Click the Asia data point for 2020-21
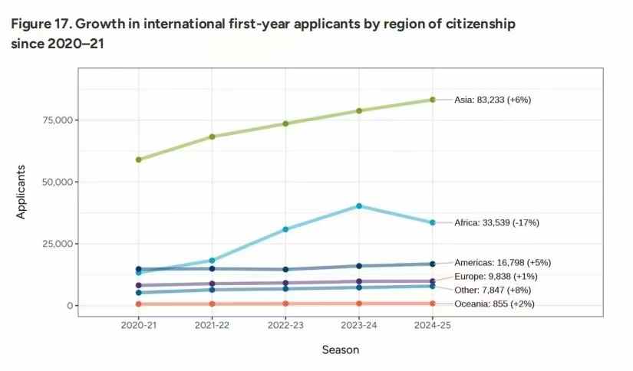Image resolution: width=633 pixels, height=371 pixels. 138,159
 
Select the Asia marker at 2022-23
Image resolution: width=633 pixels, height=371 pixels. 285,123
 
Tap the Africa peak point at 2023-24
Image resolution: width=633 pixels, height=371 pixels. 359,205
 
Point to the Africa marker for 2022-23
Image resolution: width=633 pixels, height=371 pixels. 285,229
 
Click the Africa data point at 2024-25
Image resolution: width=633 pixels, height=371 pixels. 433,222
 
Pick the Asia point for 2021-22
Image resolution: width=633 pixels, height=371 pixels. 212,136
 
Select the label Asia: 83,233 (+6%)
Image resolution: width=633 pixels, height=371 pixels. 493,100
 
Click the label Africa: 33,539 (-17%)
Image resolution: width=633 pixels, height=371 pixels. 496,223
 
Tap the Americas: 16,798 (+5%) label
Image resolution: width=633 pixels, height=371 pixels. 503,262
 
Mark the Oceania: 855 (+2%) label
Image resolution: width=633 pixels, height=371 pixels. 494,304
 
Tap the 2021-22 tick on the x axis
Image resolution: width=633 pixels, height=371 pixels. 212,325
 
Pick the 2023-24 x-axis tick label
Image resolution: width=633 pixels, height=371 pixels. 359,325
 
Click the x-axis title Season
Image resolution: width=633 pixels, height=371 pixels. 341,350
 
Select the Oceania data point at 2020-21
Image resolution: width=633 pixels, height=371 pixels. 138,304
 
